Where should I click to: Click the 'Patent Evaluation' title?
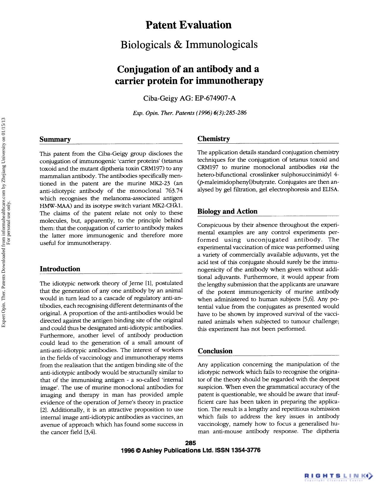188,25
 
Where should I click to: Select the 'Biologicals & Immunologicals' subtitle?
189,45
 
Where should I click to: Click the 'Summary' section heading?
55,139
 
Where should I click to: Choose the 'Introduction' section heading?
60,269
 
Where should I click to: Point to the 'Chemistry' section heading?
214,139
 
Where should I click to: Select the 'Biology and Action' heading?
227,211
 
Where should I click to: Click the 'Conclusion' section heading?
215,351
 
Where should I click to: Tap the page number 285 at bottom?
190,443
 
